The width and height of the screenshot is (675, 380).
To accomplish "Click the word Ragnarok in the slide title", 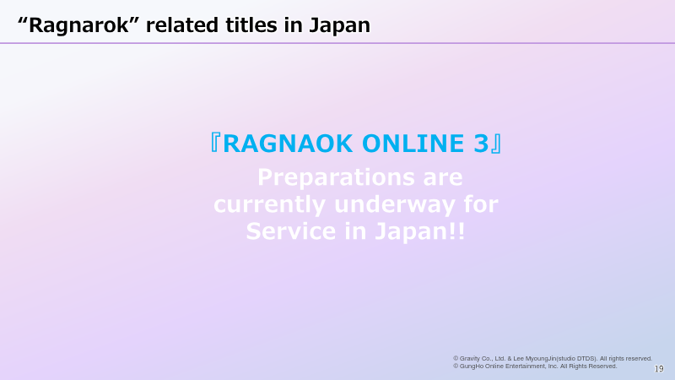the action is (78, 25).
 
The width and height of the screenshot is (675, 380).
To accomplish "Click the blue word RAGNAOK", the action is (288, 144).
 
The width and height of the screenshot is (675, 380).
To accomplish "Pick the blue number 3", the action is (481, 144).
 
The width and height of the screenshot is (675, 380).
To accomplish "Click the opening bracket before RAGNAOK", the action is (215, 143).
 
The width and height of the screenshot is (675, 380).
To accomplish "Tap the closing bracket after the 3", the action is (496, 144).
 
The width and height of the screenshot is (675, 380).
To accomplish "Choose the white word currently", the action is (269, 204).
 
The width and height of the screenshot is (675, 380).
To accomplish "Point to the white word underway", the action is (395, 204).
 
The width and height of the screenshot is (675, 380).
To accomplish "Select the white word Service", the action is (291, 231).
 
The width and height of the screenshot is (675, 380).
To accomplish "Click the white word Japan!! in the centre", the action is (419, 231).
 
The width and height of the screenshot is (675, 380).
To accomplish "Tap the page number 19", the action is (659, 369).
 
